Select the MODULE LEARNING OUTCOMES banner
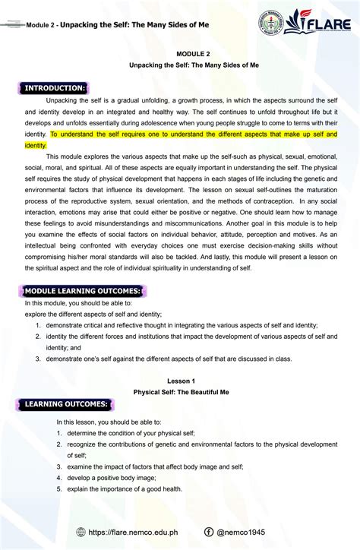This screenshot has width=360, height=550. click(x=83, y=291)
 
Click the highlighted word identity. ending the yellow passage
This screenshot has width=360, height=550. click(x=35, y=144)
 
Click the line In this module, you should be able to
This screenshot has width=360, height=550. click(x=74, y=302)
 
